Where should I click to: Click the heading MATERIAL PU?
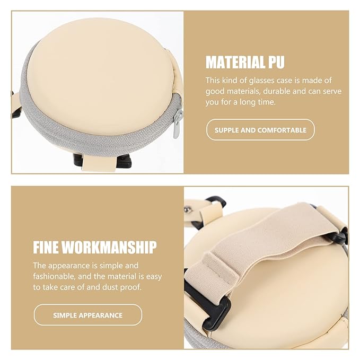245,62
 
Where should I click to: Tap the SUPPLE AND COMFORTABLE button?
260,130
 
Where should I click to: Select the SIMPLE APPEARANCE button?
88,315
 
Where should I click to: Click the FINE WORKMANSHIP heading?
95,247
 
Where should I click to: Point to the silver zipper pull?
177,124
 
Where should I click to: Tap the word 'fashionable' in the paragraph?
54,276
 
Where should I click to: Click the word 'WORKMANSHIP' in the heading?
109,247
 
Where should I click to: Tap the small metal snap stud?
187,209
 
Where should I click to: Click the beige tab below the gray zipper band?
99,162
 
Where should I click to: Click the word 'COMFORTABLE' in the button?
282,130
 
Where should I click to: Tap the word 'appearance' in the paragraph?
69,266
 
